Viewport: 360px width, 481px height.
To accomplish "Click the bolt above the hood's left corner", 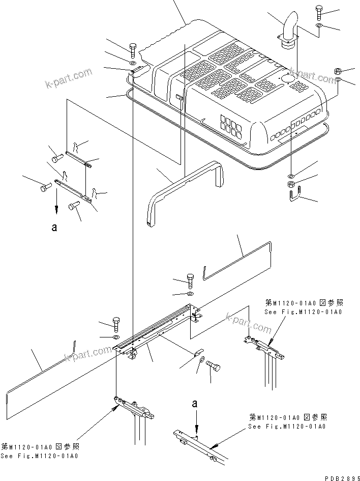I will tap(133, 50).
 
